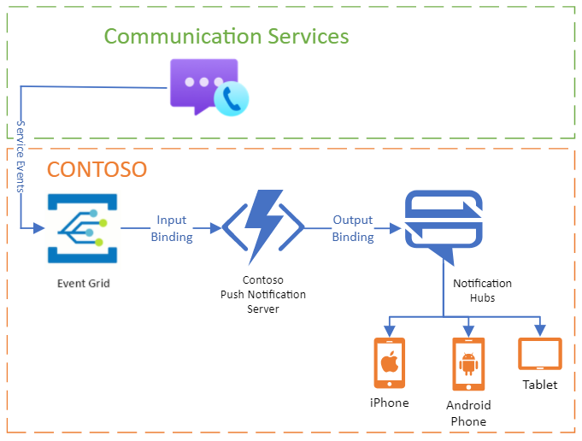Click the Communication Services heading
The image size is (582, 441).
point(226,36)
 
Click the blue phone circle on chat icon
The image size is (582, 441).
point(230,99)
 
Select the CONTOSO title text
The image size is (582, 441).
point(97,169)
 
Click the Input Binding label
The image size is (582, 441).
point(171,229)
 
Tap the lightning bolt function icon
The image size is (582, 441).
point(262,226)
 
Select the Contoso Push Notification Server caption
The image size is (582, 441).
point(263,294)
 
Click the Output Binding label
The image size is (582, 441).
point(353,229)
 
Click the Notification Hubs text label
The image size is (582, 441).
point(482,291)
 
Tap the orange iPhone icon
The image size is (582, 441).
point(390,363)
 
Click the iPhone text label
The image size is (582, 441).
point(390,403)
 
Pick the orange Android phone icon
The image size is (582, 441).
point(467,365)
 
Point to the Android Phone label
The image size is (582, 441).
point(467,413)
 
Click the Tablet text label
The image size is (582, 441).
point(540,385)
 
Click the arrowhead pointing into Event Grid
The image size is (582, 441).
point(38,228)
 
